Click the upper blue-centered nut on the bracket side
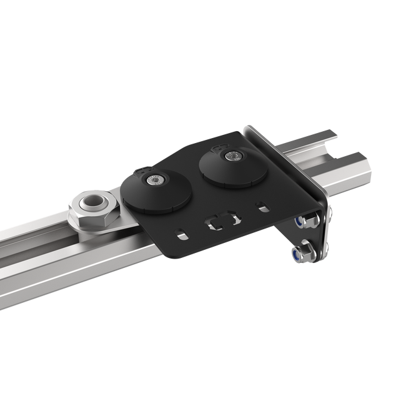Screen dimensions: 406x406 point(302,222)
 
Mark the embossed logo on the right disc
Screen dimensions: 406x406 point(219,147)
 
